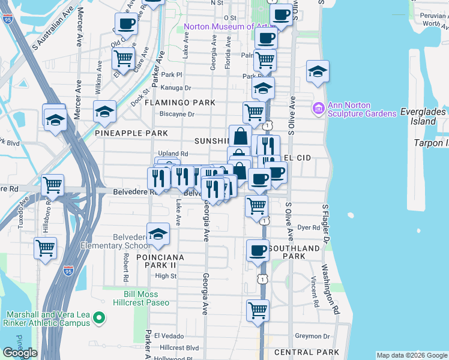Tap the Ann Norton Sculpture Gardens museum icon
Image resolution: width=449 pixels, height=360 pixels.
coord(318,109)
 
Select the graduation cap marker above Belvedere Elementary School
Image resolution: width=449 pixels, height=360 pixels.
coord(158,233)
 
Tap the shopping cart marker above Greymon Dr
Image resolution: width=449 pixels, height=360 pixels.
coord(258,311)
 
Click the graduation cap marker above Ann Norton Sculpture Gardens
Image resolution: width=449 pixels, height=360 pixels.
coord(318,71)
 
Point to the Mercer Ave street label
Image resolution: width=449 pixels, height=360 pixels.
coord(79,36)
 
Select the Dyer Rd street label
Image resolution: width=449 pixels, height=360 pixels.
coord(309,228)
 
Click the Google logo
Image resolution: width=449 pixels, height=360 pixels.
coord(20,353)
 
